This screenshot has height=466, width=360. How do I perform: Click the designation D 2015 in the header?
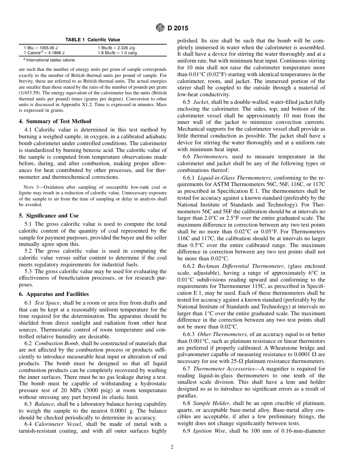(178, 28)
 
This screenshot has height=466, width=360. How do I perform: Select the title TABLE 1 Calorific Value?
(93, 40)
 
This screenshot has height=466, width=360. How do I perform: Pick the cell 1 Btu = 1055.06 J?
(41, 48)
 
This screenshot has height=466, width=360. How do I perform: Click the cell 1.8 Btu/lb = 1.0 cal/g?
(117, 53)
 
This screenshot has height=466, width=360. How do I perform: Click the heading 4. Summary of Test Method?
(55, 121)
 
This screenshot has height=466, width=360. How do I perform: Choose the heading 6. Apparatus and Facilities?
(54, 294)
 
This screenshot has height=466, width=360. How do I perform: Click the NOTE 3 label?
(29, 187)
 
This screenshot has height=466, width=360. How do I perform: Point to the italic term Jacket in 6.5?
(200, 102)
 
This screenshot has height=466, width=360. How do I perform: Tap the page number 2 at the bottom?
(172, 447)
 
